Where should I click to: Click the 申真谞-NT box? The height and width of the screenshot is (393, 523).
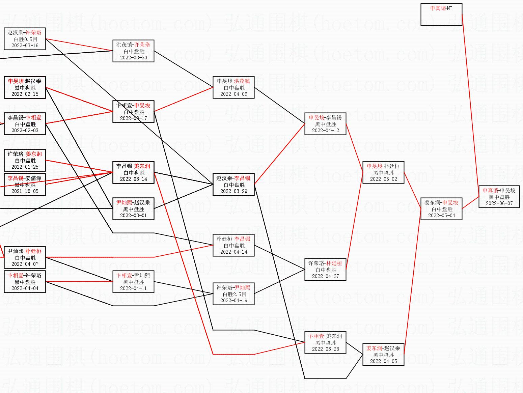pyautogui.click(x=441, y=15)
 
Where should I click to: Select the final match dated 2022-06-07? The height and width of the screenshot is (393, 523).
pyautogui.click(x=499, y=197)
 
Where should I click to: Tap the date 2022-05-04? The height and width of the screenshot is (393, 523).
pyautogui.click(x=441, y=216)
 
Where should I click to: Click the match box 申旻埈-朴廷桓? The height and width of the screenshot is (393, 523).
pyautogui.click(x=383, y=172)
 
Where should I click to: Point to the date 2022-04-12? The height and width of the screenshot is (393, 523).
pyautogui.click(x=325, y=131)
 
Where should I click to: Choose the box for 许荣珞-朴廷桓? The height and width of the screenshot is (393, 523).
pyautogui.click(x=325, y=270)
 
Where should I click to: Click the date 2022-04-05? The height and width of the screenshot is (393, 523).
pyautogui.click(x=383, y=361)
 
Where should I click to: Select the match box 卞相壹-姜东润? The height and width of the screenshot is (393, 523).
pyautogui.click(x=325, y=342)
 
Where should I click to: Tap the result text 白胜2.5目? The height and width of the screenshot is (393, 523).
pyautogui.click(x=233, y=294)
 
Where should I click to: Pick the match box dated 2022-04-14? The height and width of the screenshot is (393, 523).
pyautogui.click(x=233, y=245)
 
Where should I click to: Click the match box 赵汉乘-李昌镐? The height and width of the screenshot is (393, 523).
pyautogui.click(x=233, y=185)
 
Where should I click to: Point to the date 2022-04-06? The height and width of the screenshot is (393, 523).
pyautogui.click(x=233, y=94)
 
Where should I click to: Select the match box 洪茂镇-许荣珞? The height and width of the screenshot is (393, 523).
pyautogui.click(x=133, y=51)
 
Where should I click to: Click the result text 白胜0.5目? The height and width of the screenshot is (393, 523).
pyautogui.click(x=25, y=39)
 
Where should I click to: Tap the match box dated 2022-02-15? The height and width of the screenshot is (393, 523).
pyautogui.click(x=25, y=87)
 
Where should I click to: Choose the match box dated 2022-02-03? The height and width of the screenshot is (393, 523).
pyautogui.click(x=25, y=124)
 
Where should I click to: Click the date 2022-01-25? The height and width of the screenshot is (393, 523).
pyautogui.click(x=25, y=167)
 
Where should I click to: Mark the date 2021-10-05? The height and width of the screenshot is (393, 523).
pyautogui.click(x=25, y=191)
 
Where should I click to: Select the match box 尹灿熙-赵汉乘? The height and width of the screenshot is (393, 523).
pyautogui.click(x=133, y=209)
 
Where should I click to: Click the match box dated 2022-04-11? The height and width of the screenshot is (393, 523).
pyautogui.click(x=133, y=282)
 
